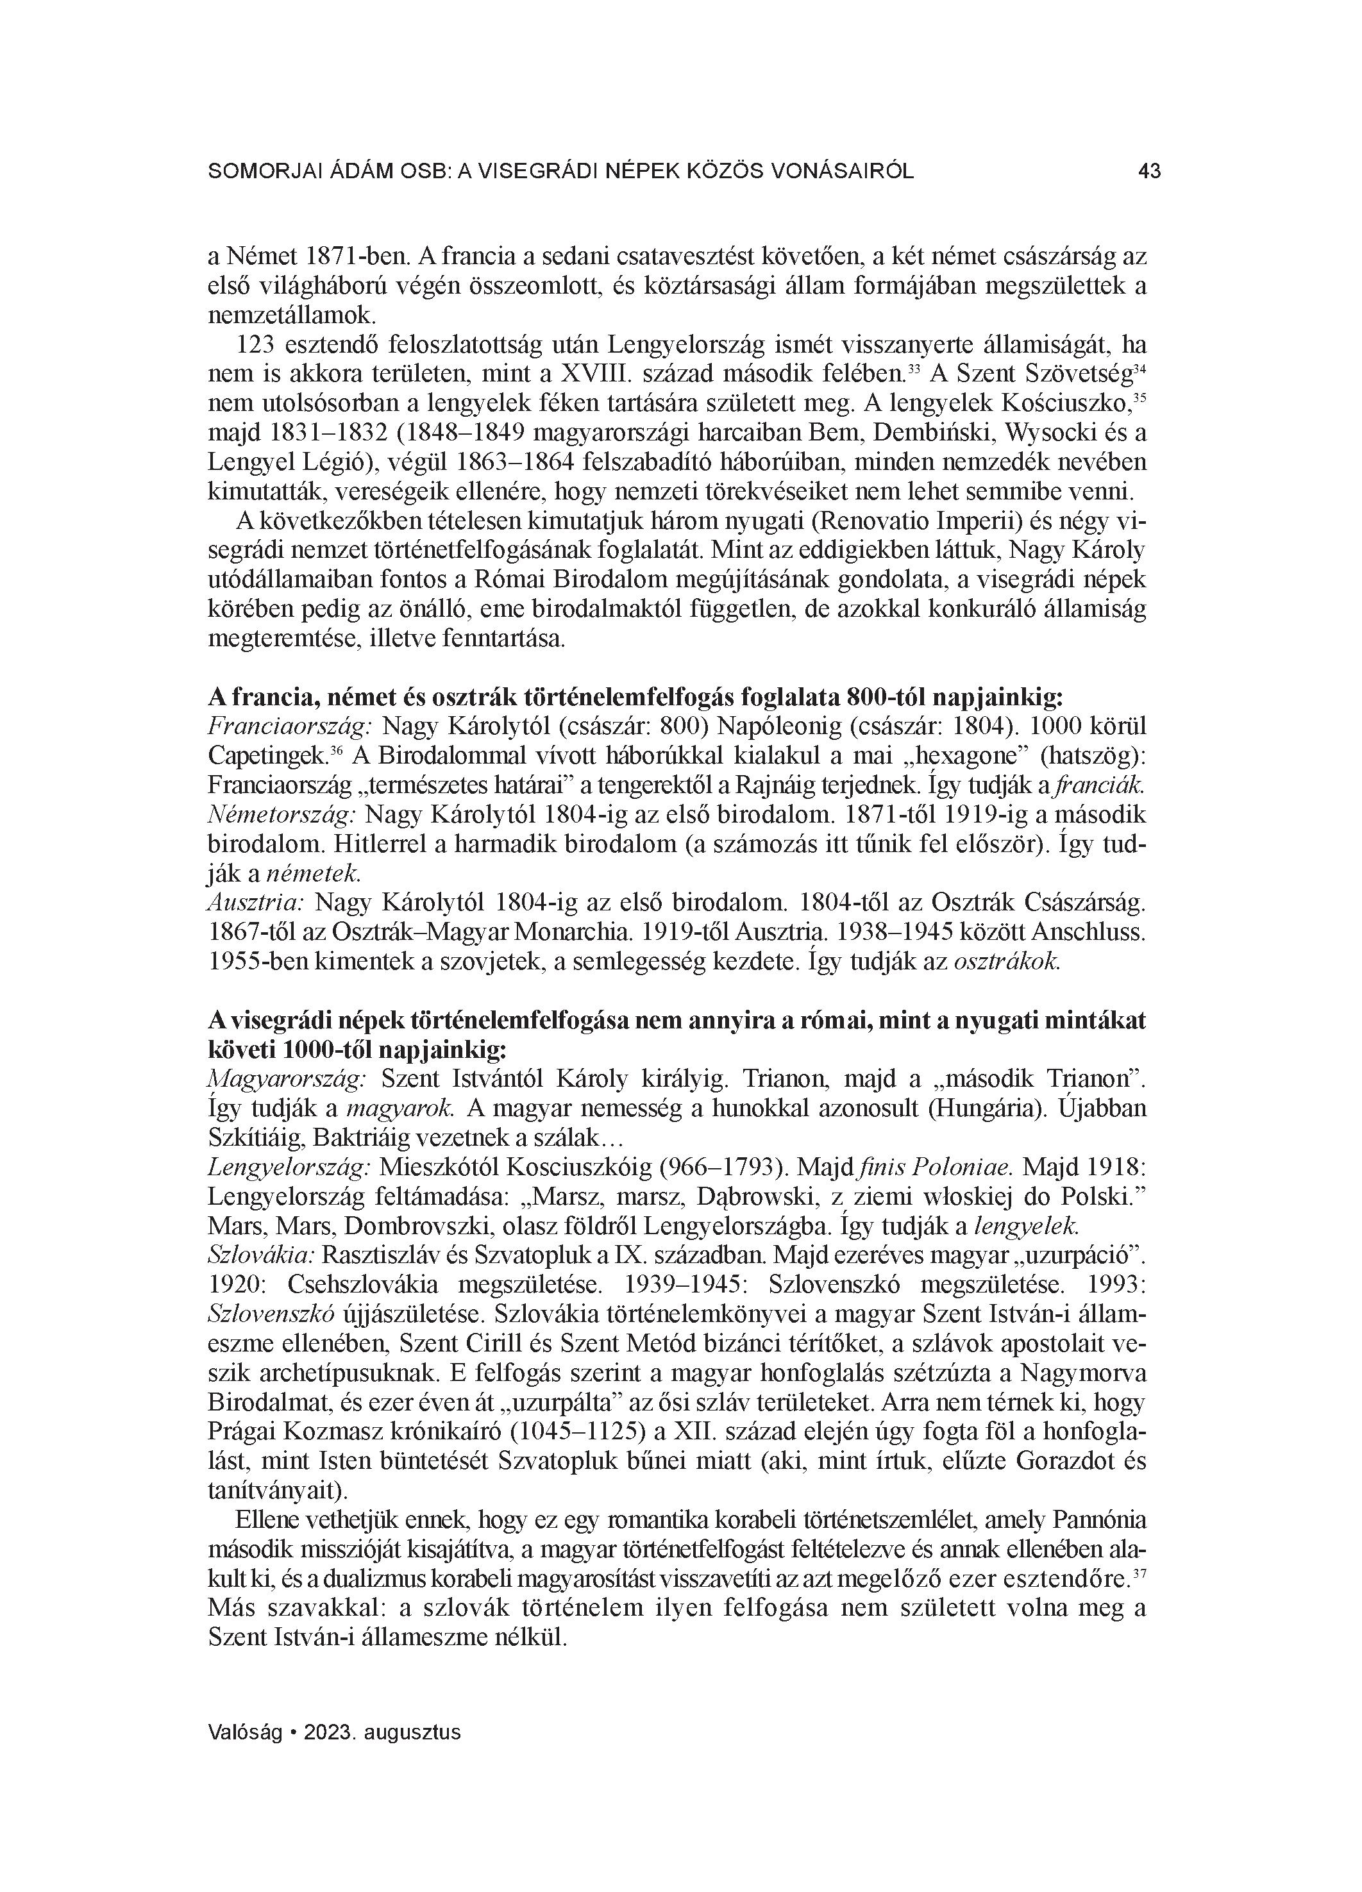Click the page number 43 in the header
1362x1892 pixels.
click(1148, 172)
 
